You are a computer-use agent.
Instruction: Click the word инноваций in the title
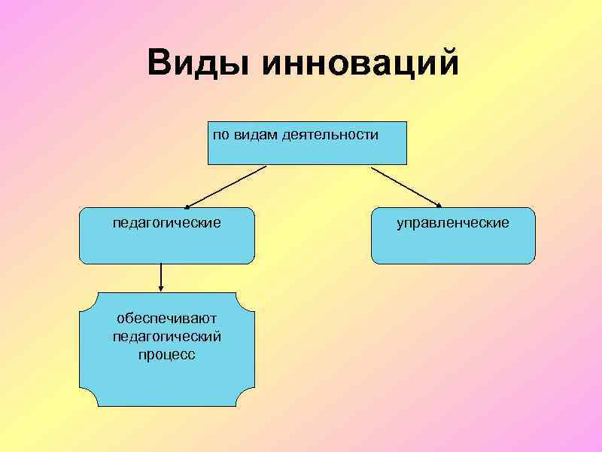click(360, 63)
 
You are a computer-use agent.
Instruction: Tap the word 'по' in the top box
click(220, 136)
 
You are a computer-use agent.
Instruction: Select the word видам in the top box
click(254, 136)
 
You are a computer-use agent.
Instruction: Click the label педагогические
click(166, 223)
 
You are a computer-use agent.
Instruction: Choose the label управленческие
click(453, 223)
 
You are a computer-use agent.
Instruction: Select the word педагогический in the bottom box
click(166, 337)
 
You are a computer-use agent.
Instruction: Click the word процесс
click(166, 353)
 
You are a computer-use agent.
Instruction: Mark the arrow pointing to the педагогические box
click(226, 186)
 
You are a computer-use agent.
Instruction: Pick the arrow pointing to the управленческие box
click(406, 186)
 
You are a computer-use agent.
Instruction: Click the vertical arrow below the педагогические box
click(160, 277)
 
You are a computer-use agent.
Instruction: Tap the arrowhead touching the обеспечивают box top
click(160, 288)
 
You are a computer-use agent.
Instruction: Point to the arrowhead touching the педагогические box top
click(189, 204)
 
